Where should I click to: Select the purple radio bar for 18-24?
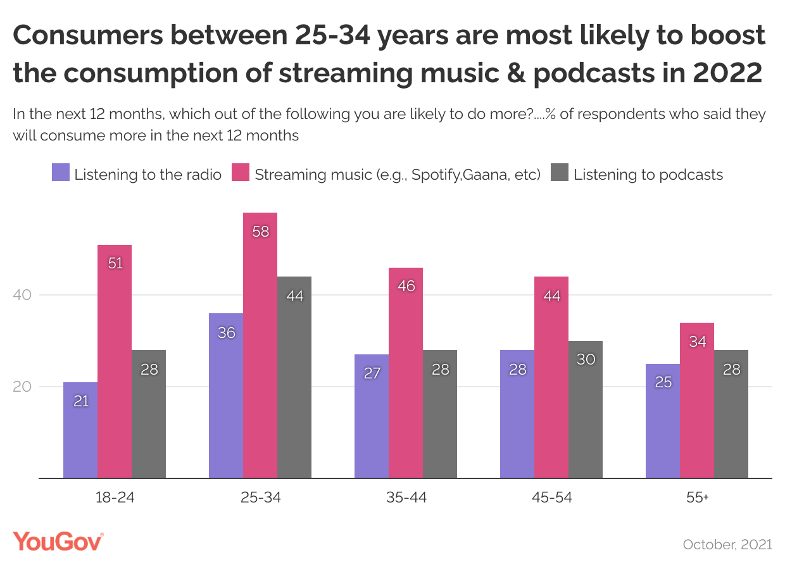(x=80, y=430)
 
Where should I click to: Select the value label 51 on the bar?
(x=115, y=263)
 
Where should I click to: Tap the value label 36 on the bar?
(x=226, y=332)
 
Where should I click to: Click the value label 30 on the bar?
(x=586, y=359)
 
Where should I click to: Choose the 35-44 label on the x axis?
(x=406, y=497)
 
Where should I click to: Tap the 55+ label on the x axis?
(x=697, y=497)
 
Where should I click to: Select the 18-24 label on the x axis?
(x=115, y=497)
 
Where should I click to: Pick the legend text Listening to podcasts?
(x=648, y=175)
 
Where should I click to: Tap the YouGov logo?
(x=58, y=542)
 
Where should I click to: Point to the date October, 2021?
(x=727, y=544)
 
